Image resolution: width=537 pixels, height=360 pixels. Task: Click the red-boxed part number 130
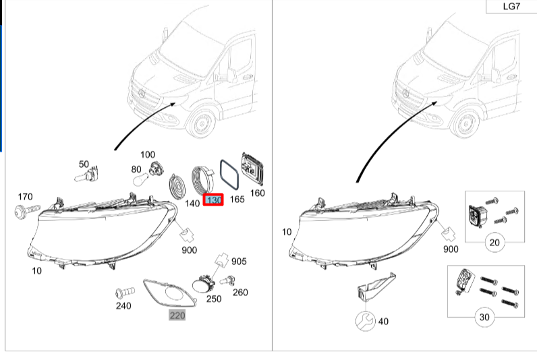214,200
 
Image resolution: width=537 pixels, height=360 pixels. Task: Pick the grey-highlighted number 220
177,315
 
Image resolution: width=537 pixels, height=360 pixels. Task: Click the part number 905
239,262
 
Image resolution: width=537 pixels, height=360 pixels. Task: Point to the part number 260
240,293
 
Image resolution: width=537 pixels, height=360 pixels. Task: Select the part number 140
192,202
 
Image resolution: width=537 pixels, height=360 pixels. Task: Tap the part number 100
147,155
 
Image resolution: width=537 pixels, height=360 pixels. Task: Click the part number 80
136,169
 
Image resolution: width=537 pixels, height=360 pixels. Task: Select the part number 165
237,200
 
